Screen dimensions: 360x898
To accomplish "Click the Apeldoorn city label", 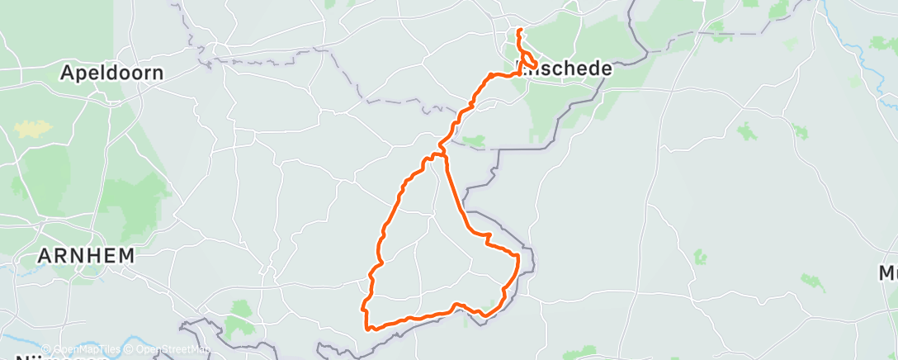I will pos(111,73).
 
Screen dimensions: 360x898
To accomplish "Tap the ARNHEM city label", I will pos(86,256).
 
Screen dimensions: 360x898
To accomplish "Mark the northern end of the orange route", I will pos(519,31).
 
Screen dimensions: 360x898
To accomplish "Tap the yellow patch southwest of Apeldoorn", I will pos(32,129).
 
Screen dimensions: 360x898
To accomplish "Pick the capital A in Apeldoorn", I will pos(67,73).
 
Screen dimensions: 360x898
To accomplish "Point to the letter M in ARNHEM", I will pos(125,256).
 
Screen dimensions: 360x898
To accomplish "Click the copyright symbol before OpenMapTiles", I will pos(46,349).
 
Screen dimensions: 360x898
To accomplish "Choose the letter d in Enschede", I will pos(592,69).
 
